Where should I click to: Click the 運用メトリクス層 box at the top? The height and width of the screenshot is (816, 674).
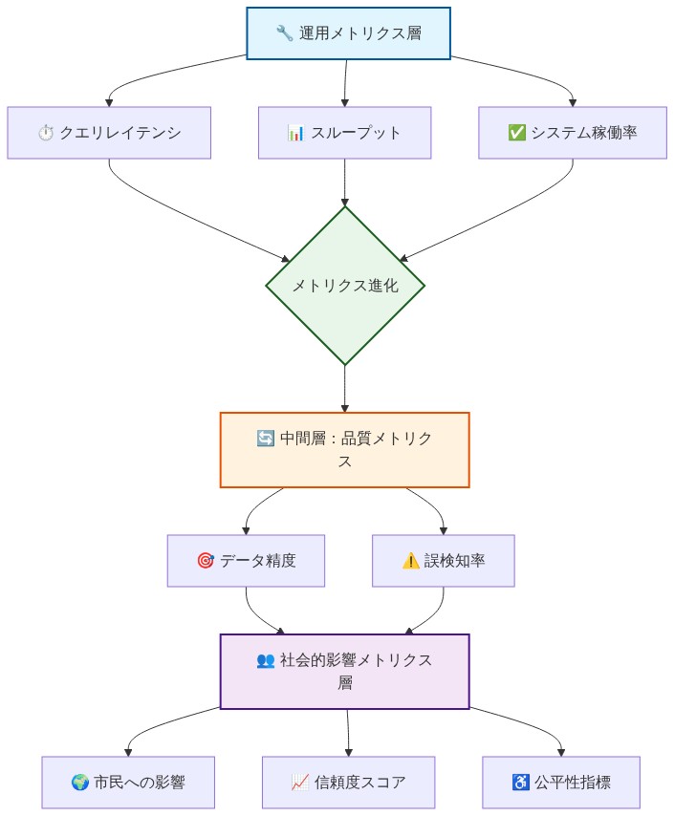(348, 33)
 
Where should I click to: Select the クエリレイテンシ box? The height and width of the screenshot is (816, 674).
(109, 133)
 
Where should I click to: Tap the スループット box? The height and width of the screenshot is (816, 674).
(344, 133)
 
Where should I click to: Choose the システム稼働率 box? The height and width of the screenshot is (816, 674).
(573, 133)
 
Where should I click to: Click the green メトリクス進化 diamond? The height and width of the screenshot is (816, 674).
(344, 286)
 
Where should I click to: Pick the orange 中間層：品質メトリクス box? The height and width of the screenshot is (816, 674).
(344, 450)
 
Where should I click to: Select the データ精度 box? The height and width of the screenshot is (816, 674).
(246, 561)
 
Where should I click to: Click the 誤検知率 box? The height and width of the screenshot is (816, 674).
(444, 561)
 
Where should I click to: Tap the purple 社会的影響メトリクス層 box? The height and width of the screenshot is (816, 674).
(344, 672)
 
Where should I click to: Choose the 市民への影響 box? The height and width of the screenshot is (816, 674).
(128, 783)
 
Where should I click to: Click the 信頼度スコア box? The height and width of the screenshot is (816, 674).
(348, 783)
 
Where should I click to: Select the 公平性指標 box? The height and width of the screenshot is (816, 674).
(561, 783)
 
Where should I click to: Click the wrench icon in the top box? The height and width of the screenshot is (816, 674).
(284, 34)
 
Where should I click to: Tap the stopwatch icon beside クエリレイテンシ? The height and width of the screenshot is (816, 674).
(45, 134)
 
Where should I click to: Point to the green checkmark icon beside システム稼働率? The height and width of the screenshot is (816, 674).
(516, 133)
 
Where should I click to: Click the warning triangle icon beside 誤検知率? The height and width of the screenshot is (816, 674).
(409, 561)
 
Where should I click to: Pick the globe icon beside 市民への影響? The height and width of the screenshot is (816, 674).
(80, 784)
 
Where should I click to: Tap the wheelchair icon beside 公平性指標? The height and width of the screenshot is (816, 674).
(521, 783)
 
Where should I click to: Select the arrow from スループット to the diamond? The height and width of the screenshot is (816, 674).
(344, 182)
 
